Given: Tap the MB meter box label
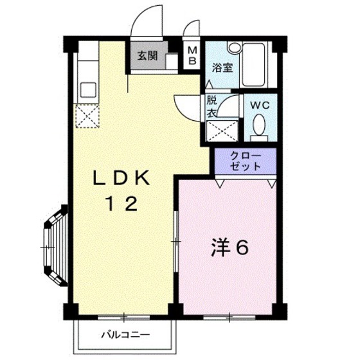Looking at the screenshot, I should coord(192,57).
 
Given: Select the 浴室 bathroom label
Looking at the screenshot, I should coord(222,66).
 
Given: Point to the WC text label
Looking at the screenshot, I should coord(260,105).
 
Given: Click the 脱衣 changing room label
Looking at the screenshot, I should coord(211,105).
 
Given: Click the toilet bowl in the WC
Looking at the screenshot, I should coord(258,125).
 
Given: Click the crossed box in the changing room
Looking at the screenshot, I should coord(219,131).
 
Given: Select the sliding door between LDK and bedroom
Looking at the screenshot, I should coord(175,241).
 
